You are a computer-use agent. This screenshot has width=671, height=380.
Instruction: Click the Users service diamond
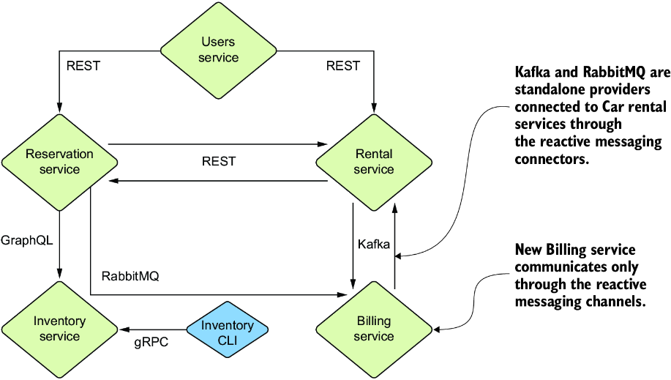click(218, 51)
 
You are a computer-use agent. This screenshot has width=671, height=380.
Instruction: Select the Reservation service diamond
click(59, 163)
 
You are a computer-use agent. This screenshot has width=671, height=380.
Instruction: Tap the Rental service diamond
click(374, 163)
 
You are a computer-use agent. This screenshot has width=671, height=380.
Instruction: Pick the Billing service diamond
click(374, 329)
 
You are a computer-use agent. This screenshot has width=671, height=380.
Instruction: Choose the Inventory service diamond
click(59, 329)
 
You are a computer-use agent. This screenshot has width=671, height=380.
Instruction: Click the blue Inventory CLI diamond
click(228, 329)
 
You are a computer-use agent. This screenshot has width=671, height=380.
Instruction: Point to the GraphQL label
click(27, 240)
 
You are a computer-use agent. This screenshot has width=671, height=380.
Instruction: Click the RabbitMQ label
click(130, 276)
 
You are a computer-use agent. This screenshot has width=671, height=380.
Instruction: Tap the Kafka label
click(374, 245)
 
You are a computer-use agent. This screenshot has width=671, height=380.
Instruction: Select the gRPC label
click(151, 343)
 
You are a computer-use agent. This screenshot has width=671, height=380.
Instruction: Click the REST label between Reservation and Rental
click(219, 162)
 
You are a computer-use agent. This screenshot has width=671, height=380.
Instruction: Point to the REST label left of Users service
click(83, 66)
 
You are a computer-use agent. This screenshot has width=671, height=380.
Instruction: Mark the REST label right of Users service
click(342, 66)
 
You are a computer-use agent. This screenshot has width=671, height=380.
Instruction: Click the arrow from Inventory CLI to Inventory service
click(154, 329)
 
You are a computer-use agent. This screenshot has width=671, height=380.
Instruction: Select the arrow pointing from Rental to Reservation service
click(218, 181)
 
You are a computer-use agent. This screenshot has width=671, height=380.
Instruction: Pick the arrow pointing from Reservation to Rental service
click(218, 144)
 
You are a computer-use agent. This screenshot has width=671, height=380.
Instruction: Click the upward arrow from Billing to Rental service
click(394, 246)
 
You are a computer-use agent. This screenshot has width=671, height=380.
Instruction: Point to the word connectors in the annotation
click(552, 160)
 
